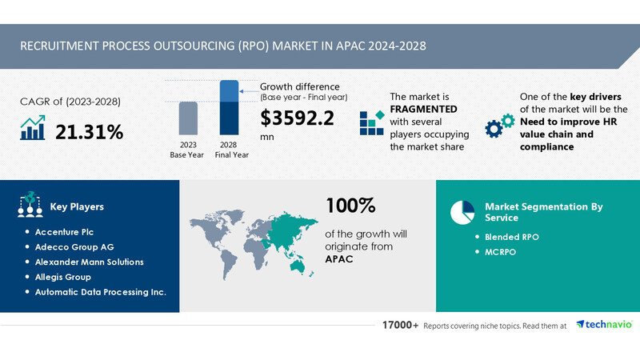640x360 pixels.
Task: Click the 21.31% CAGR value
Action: (x=89, y=131)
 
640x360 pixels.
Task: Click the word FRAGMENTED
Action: (x=423, y=108)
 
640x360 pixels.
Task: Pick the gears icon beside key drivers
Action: (x=501, y=126)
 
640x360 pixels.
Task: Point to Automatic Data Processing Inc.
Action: (x=100, y=292)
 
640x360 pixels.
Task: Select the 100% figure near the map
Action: (x=350, y=206)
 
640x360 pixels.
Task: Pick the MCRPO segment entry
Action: (x=502, y=253)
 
